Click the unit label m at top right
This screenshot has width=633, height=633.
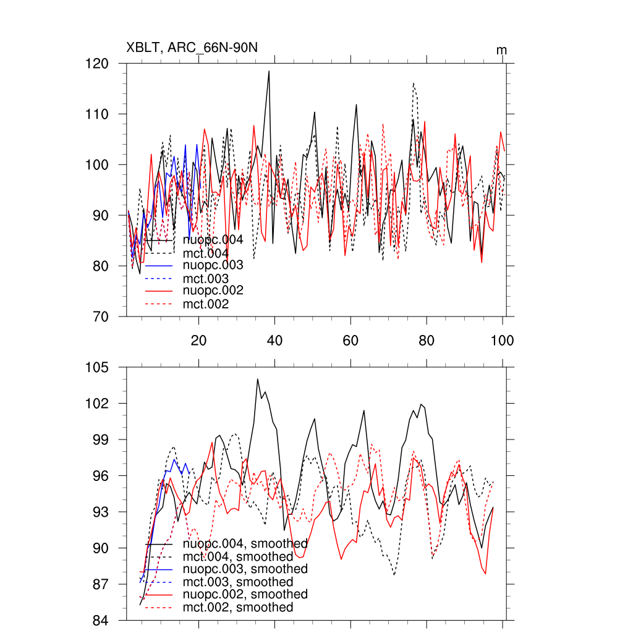pos(501,49)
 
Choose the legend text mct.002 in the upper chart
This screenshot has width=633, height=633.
pos(206,304)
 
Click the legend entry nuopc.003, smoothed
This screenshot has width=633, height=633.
pos(245,569)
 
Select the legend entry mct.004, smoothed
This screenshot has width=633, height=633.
pos(238,556)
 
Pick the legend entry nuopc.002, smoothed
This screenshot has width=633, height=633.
pos(245,594)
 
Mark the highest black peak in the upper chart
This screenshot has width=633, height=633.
pos(269,71)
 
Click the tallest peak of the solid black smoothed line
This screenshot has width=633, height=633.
pos(257,379)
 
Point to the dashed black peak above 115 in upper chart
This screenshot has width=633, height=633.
pos(413,83)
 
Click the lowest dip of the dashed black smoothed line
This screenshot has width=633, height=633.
pos(394,575)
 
